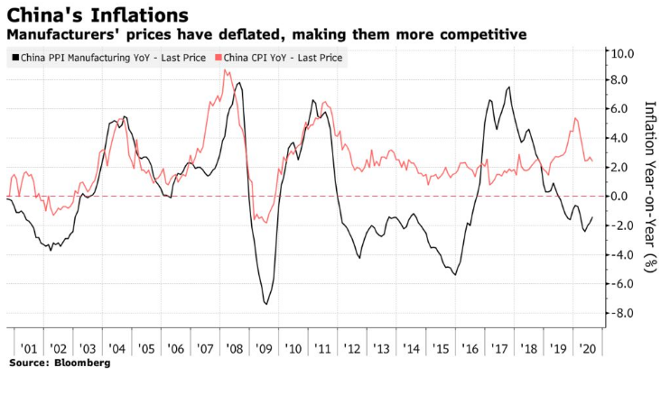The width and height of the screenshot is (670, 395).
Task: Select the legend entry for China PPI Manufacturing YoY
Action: pyautogui.click(x=107, y=59)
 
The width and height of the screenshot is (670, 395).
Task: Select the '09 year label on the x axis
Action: pyautogui.click(x=264, y=348)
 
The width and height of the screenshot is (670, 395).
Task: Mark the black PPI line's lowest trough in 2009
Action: pyautogui.click(x=265, y=303)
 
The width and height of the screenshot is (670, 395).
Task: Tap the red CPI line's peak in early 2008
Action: pyautogui.click(x=225, y=69)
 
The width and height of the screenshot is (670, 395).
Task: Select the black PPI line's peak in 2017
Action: pyautogui.click(x=509, y=87)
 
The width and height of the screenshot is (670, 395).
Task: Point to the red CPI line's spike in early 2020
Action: pyautogui.click(x=575, y=118)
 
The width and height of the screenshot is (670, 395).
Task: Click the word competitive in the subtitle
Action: pyautogui.click(x=486, y=34)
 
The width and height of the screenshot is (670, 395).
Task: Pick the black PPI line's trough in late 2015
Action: pyautogui.click(x=454, y=274)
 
